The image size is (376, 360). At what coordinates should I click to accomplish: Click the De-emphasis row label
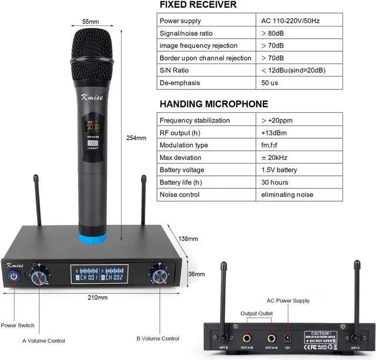pos(180,83)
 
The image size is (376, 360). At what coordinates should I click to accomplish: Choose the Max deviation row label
pos(180,158)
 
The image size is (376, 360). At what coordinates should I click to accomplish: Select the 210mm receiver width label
pos(98,298)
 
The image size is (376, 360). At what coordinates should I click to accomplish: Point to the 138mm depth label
pos(189,239)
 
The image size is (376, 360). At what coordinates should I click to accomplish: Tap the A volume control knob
pos(41,276)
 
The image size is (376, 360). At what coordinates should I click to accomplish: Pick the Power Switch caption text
pos(18,325)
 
